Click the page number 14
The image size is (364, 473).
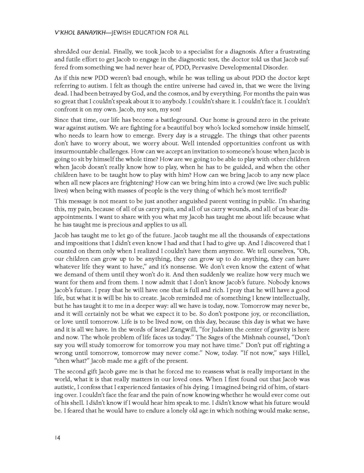coord(57,438)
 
